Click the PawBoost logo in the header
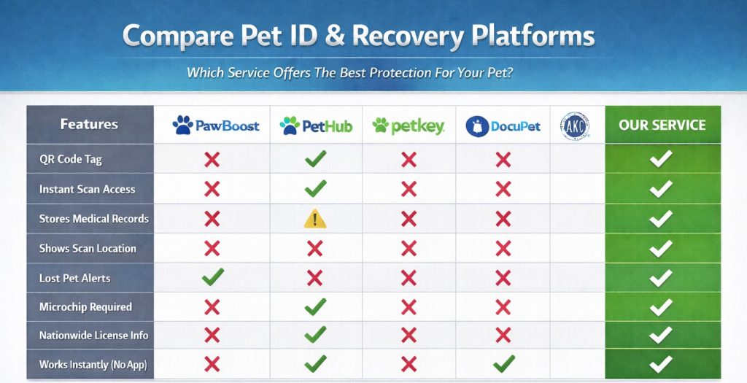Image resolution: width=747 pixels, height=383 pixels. [x=216, y=125]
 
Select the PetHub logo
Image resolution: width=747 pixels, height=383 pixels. [x=316, y=125]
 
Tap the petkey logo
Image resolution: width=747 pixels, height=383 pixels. [x=409, y=125]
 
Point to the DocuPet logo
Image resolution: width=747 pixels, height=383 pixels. [x=503, y=126]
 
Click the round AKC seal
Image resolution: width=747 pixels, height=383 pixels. [x=575, y=126]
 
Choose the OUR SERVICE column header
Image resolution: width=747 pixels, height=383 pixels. [x=662, y=125]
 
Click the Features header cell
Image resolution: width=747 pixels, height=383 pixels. [x=89, y=124]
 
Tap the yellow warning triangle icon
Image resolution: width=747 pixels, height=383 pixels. [x=315, y=219]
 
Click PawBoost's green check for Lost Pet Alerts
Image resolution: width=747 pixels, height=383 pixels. [x=212, y=276]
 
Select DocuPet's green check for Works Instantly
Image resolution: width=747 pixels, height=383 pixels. [x=504, y=363]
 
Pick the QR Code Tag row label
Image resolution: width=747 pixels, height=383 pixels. [x=71, y=159]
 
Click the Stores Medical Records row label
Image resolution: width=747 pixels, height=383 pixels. [x=94, y=219]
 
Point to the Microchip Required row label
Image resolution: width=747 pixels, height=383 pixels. [x=85, y=307]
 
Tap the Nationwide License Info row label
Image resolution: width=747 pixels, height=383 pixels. [x=93, y=336]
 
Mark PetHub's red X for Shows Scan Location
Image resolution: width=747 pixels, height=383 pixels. [x=315, y=248]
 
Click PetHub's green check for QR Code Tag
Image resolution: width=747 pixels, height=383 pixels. [x=315, y=158]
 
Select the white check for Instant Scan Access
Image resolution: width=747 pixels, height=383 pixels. [x=661, y=189]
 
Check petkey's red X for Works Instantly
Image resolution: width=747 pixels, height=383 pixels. [x=409, y=365]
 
